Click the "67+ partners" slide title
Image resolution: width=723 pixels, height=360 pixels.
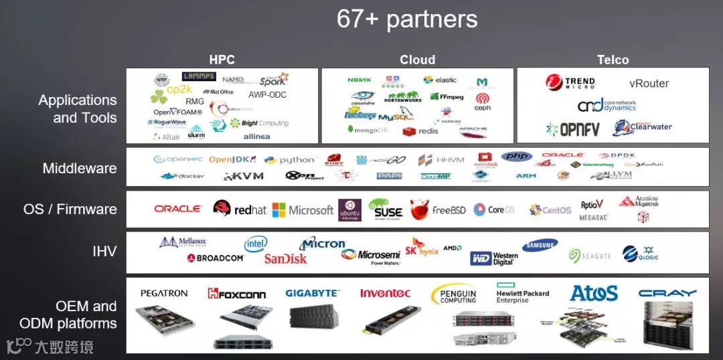tap(407, 19)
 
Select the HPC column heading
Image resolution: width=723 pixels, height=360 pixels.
tap(222, 60)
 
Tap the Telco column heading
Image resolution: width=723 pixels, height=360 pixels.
tap(613, 60)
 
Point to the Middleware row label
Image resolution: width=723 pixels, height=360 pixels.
tap(80, 169)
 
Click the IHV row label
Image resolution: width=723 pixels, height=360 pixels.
tap(104, 252)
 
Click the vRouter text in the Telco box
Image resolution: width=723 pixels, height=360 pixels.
tap(649, 84)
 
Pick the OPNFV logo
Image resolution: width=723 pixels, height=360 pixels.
tap(572, 129)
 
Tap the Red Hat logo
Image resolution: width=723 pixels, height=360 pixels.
tap(239, 209)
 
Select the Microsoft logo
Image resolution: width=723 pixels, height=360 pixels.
tap(303, 210)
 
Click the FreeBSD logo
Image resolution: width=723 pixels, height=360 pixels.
tap(438, 209)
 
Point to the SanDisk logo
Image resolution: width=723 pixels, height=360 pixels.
tap(285, 258)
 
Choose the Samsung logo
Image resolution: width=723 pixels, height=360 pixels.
tap(540, 246)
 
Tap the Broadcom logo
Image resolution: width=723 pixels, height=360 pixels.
tap(216, 258)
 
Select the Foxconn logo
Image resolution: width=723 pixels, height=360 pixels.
tap(236, 294)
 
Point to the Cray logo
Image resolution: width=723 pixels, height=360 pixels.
tap(667, 293)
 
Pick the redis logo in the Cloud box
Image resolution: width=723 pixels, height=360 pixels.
tap(420, 131)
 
